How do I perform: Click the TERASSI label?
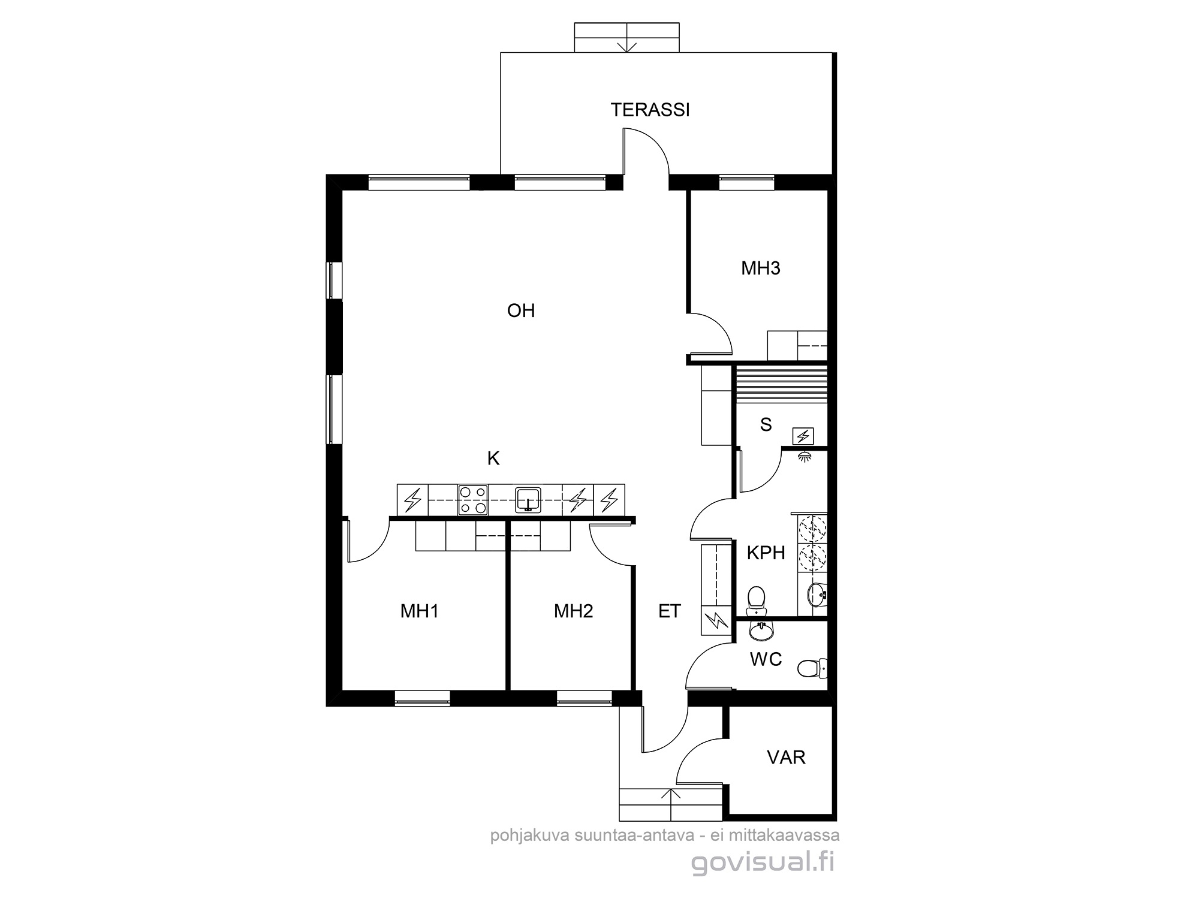(650, 110)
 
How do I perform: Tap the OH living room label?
(521, 310)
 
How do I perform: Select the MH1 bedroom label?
(420, 611)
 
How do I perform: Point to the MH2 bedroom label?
(574, 611)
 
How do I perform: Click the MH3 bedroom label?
(761, 268)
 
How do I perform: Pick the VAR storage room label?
(786, 758)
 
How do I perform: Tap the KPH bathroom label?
(766, 553)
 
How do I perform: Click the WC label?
(766, 659)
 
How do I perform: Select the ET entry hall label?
(670, 611)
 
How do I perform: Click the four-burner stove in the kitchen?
(472, 500)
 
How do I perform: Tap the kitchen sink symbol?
(528, 500)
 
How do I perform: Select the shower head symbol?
(805, 456)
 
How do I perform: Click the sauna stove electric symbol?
(803, 436)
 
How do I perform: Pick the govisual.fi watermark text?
(763, 863)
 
